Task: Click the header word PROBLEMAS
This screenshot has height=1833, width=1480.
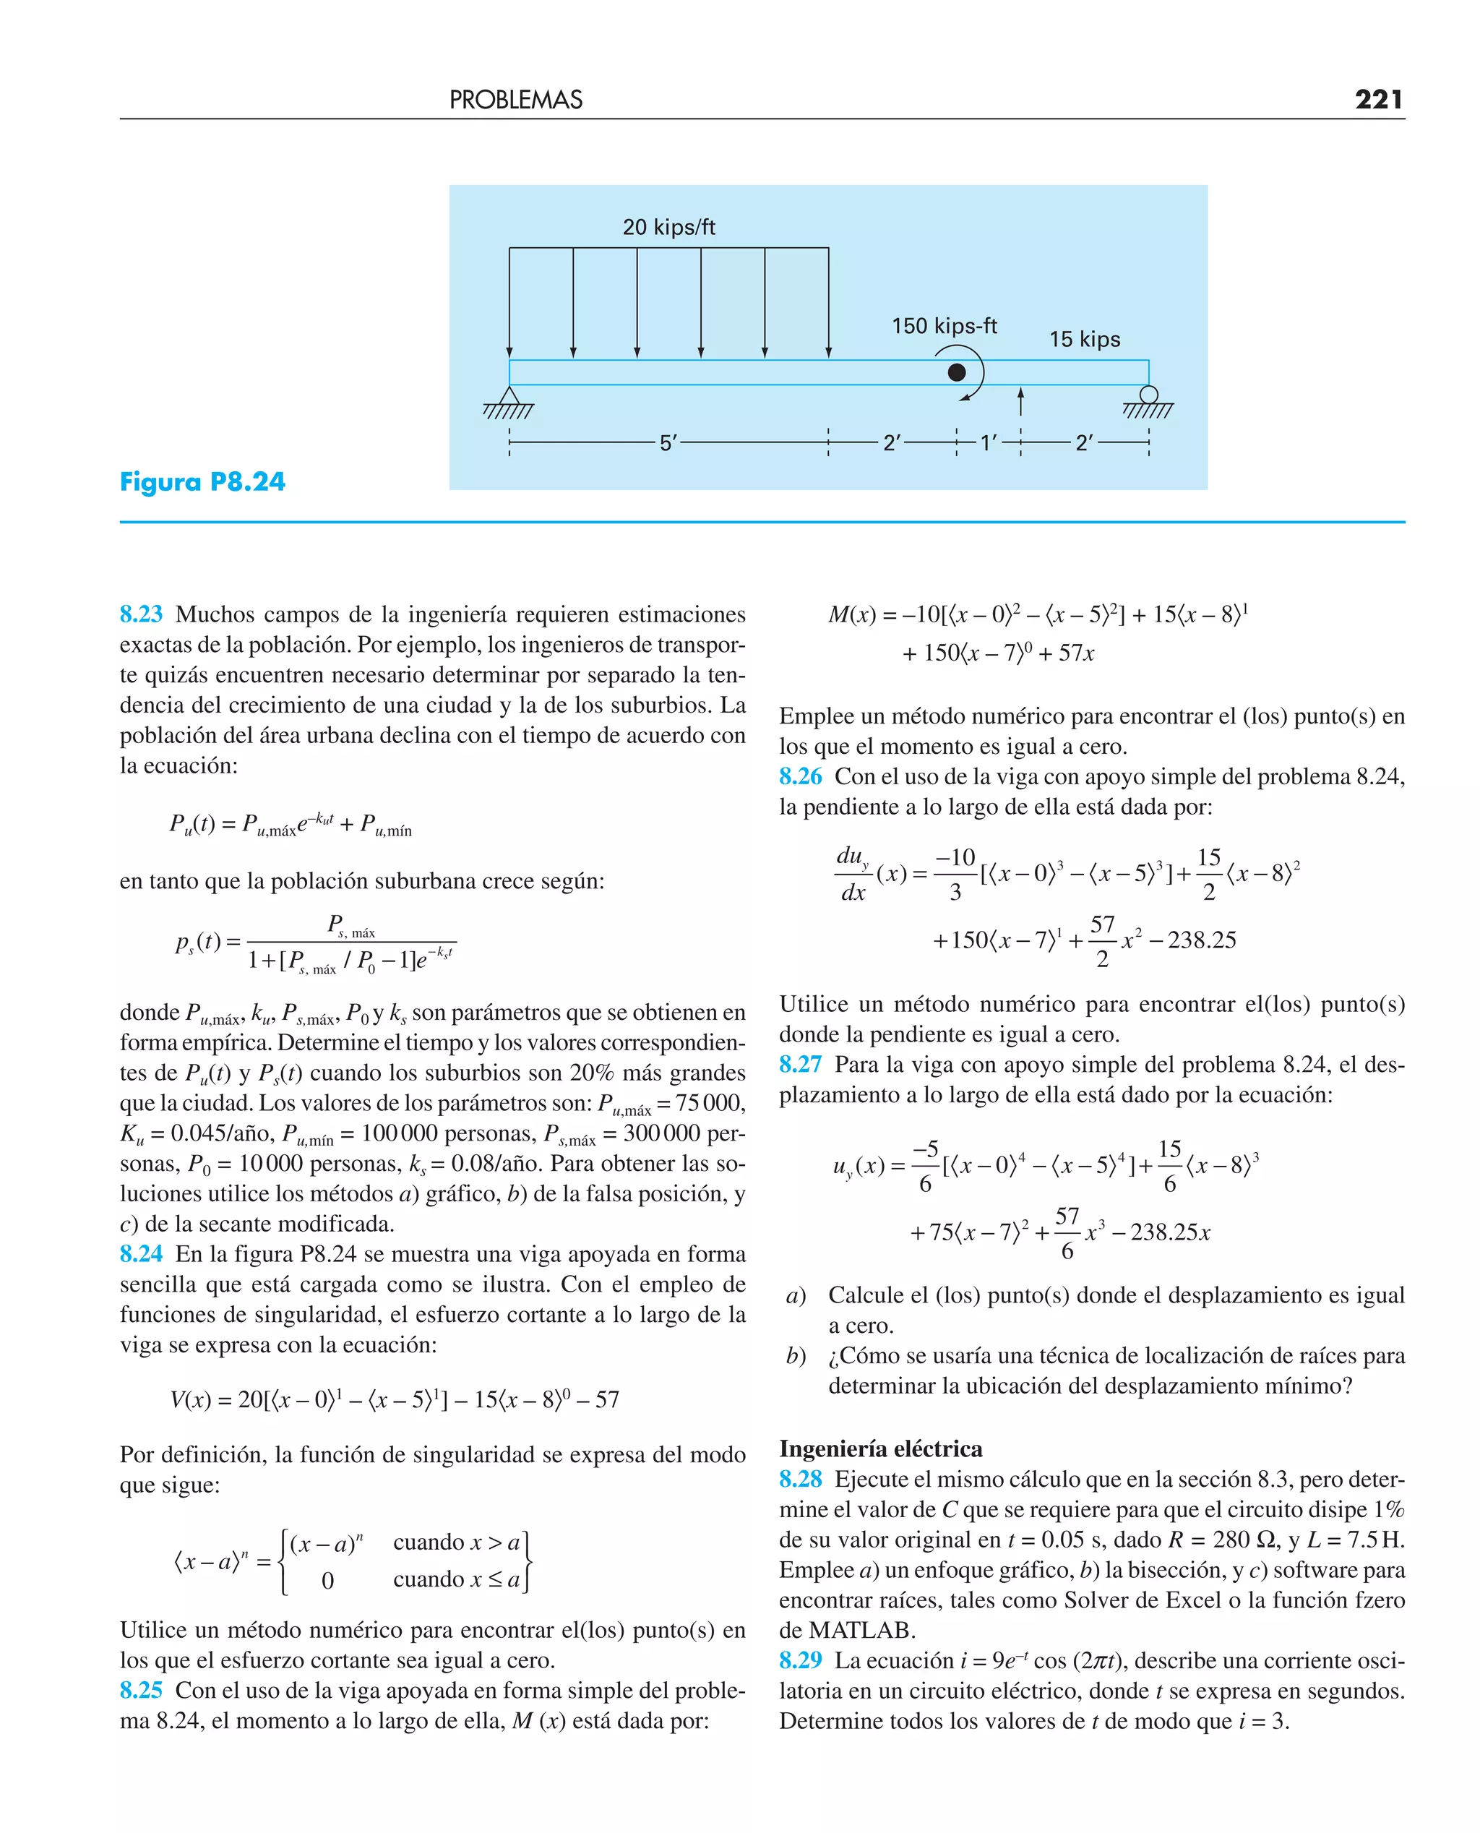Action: click(x=516, y=100)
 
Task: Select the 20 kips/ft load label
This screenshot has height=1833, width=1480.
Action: click(x=668, y=227)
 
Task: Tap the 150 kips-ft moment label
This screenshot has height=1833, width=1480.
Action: click(x=944, y=326)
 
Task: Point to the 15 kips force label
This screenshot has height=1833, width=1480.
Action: click(x=1085, y=339)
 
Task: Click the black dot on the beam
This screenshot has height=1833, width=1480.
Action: click(x=957, y=372)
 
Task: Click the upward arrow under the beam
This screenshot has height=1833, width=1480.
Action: click(x=1020, y=400)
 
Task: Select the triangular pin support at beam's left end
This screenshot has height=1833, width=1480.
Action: click(x=509, y=396)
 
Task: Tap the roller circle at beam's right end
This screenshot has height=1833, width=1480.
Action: click(x=1148, y=395)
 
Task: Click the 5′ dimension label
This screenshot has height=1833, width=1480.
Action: click(x=668, y=442)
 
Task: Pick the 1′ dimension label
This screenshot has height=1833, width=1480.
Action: click(x=988, y=442)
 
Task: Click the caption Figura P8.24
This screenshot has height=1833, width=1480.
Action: click(x=203, y=481)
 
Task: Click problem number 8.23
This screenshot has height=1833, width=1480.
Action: click(x=141, y=614)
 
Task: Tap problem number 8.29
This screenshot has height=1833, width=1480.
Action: click(x=800, y=1660)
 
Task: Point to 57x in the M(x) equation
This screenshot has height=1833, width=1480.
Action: click(x=1076, y=653)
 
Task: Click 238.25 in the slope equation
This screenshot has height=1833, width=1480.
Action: click(x=1201, y=940)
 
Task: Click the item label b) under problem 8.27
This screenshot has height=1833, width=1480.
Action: click(x=796, y=1355)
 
